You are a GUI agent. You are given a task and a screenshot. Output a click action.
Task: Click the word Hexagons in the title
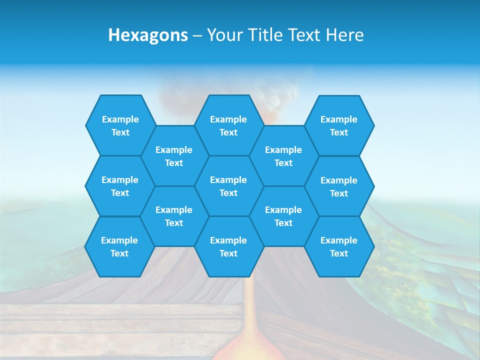148,35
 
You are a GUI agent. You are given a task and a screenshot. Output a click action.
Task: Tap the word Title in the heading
267,35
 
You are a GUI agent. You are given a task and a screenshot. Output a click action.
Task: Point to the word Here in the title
344,35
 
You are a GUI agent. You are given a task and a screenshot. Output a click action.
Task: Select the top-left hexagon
120,125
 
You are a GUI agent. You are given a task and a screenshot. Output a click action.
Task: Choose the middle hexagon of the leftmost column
120,186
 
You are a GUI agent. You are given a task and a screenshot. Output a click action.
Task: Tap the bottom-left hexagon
119,246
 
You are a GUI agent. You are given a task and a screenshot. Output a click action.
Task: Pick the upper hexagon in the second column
174,156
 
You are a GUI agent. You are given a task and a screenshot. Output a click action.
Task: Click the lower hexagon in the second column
174,216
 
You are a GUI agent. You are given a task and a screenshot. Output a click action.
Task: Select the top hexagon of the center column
228,125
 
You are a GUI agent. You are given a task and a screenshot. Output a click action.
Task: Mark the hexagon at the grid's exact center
228,186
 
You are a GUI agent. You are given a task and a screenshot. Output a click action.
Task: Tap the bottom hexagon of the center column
228,246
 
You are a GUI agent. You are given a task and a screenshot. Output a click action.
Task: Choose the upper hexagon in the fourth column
283,156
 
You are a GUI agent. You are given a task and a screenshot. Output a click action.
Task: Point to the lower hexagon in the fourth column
283,216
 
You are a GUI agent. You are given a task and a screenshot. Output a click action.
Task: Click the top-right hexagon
339,125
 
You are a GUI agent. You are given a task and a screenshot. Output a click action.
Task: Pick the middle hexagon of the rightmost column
339,186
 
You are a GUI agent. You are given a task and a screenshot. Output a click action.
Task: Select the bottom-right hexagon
339,246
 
